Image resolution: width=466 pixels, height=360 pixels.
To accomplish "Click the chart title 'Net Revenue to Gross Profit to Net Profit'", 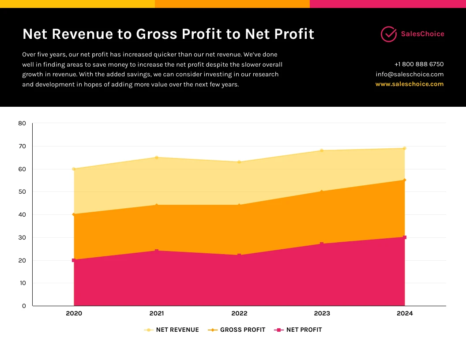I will [x=168, y=34].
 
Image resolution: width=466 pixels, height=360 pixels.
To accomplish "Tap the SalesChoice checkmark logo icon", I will [x=389, y=34].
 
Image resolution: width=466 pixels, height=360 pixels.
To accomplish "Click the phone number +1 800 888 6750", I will [x=419, y=64].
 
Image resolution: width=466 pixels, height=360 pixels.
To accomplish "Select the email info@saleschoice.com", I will [x=410, y=74].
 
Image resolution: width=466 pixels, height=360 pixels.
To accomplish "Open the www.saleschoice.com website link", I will [x=410, y=84].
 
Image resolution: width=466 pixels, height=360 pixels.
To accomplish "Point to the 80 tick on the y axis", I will [x=22, y=124].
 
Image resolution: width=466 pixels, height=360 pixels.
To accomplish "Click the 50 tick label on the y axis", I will [x=22, y=192].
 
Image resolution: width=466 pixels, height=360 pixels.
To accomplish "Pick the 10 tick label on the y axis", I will [x=22, y=283].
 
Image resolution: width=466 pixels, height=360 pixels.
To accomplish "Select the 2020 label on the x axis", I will [x=74, y=314].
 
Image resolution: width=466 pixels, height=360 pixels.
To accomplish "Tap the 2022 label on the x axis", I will [x=239, y=314].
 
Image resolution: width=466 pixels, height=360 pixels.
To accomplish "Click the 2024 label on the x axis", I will [x=405, y=314].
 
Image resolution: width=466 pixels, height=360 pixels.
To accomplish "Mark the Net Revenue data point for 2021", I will [x=157, y=157].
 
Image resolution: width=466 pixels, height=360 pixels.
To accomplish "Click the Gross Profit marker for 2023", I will [x=322, y=191].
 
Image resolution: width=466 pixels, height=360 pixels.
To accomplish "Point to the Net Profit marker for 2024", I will [x=405, y=237].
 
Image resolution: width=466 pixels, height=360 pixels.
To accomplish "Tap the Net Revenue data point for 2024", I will [x=405, y=148].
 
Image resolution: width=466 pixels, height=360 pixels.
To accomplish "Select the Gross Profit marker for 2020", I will [x=74, y=214].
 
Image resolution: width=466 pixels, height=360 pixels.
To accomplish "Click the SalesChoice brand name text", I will [x=422, y=34].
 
